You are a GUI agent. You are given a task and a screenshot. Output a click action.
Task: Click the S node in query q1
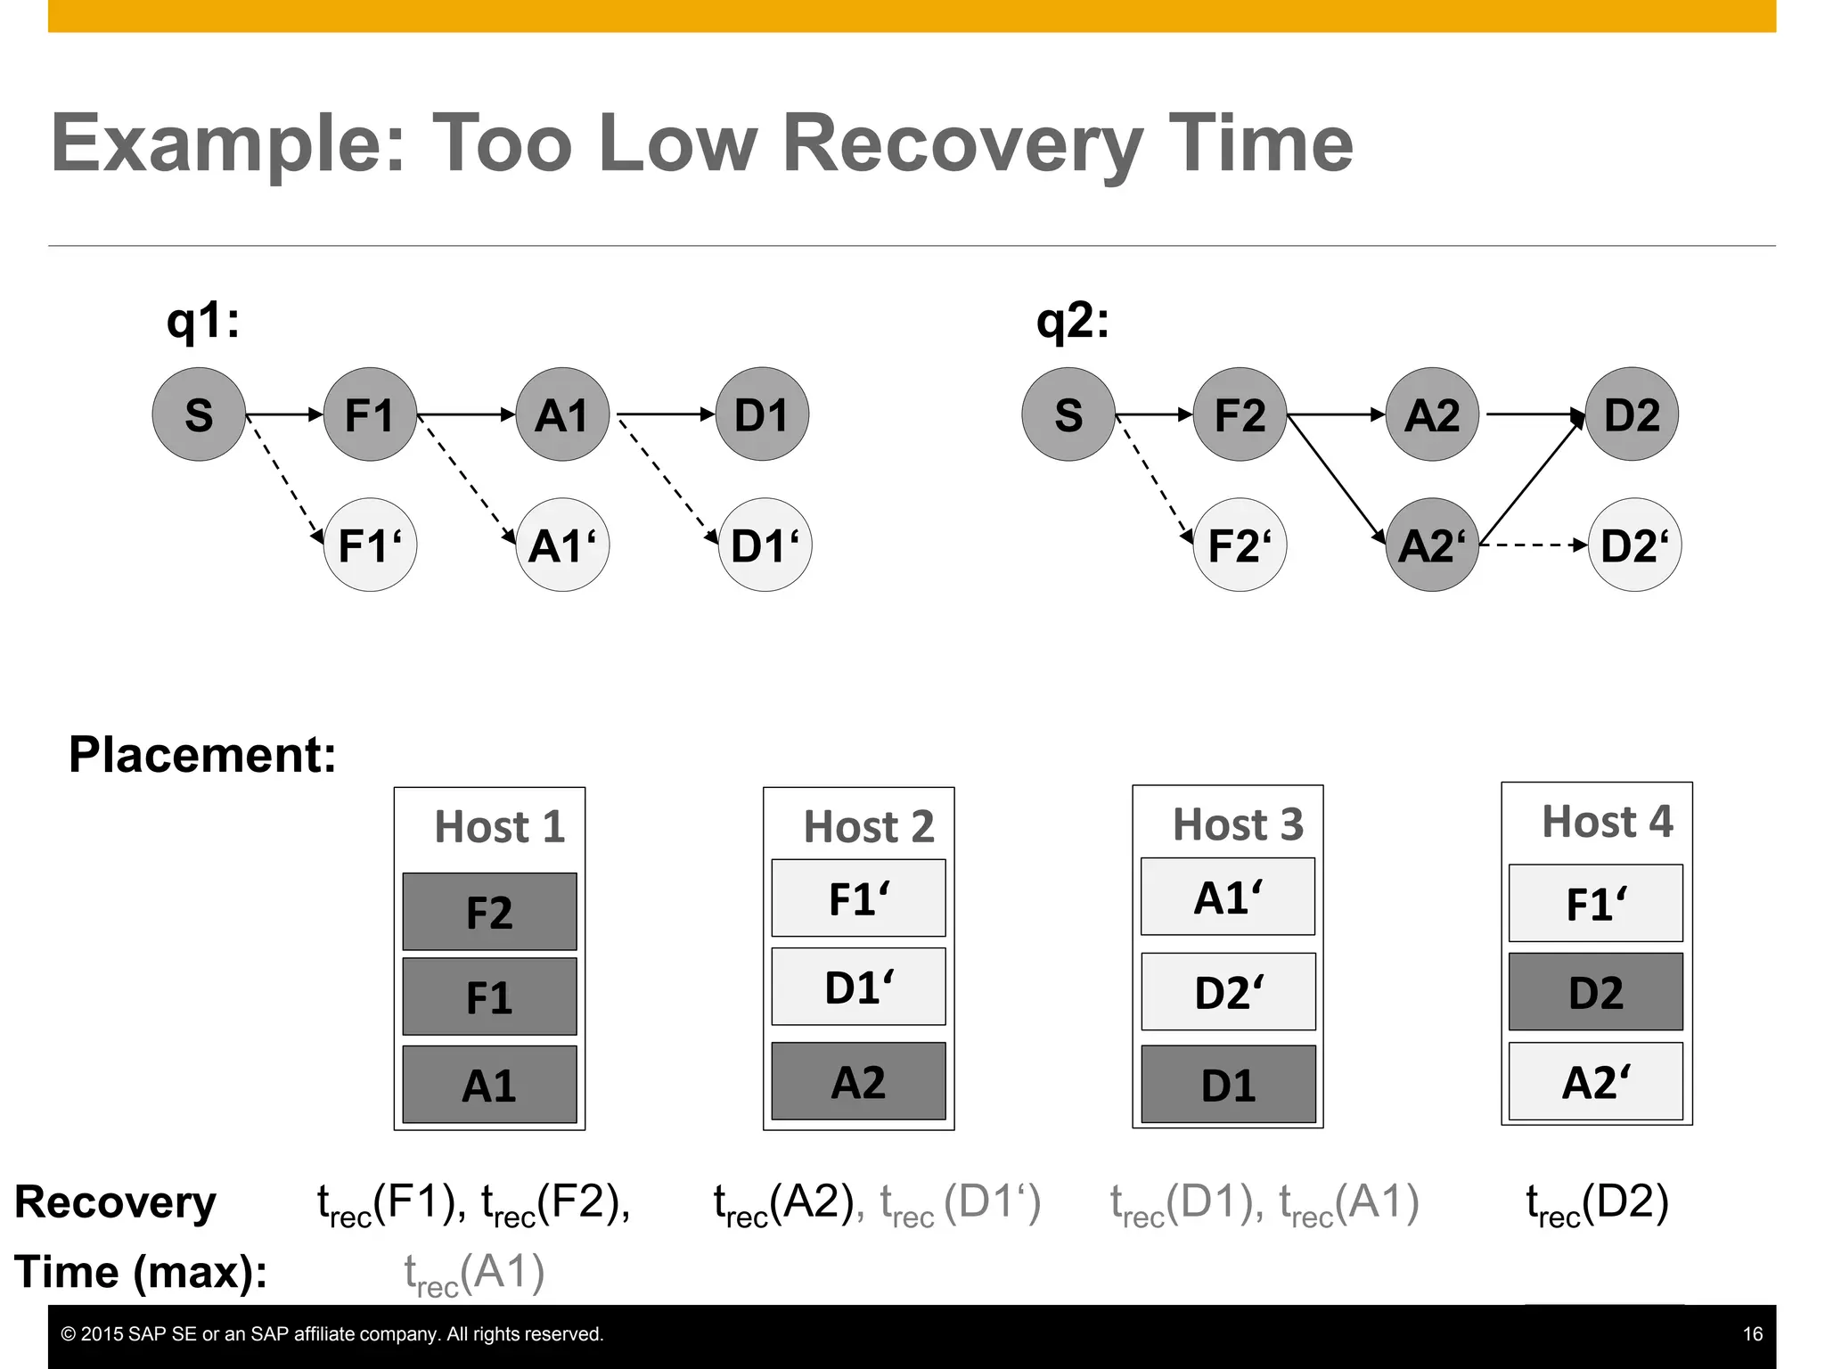[x=199, y=414]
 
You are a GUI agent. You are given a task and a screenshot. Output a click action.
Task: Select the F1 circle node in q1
[x=370, y=414]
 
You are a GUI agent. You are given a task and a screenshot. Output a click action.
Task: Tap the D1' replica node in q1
[x=765, y=545]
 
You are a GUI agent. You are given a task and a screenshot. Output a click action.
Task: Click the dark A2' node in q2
[x=1432, y=545]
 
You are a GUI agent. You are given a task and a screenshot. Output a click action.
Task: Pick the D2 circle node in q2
[x=1632, y=414]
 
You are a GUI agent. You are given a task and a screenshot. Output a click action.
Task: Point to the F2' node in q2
[x=1240, y=545]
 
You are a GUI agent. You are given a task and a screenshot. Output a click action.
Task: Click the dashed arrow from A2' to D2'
[x=1533, y=545]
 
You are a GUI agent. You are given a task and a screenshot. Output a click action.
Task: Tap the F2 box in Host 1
[x=489, y=912]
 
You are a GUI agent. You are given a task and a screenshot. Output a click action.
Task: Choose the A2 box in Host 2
[x=858, y=1081]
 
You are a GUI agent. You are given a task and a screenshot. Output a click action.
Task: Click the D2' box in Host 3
[x=1228, y=992]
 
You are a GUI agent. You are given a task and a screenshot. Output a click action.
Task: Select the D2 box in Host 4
[x=1595, y=992]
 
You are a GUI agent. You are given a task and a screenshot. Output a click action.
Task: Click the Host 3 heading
[x=1238, y=824]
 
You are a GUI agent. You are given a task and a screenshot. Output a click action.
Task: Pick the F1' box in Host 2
[x=858, y=898]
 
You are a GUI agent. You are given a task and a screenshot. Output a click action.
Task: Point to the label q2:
[x=1073, y=321]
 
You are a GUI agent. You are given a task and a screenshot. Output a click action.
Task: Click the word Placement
[x=202, y=755]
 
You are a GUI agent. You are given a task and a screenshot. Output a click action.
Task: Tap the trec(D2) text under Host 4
[x=1597, y=1203]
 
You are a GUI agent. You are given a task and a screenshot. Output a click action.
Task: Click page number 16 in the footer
[x=1752, y=1334]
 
